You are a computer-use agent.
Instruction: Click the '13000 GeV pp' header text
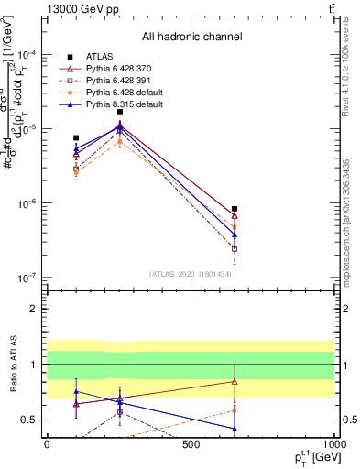78,8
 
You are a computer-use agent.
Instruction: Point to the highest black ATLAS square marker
119,112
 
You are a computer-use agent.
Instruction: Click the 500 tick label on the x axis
191,443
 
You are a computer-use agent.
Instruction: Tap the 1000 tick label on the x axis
333,443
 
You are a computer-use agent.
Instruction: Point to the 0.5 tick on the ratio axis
31,420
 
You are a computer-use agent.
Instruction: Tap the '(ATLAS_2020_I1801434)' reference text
189,274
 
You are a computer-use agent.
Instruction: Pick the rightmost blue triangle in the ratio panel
235,429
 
